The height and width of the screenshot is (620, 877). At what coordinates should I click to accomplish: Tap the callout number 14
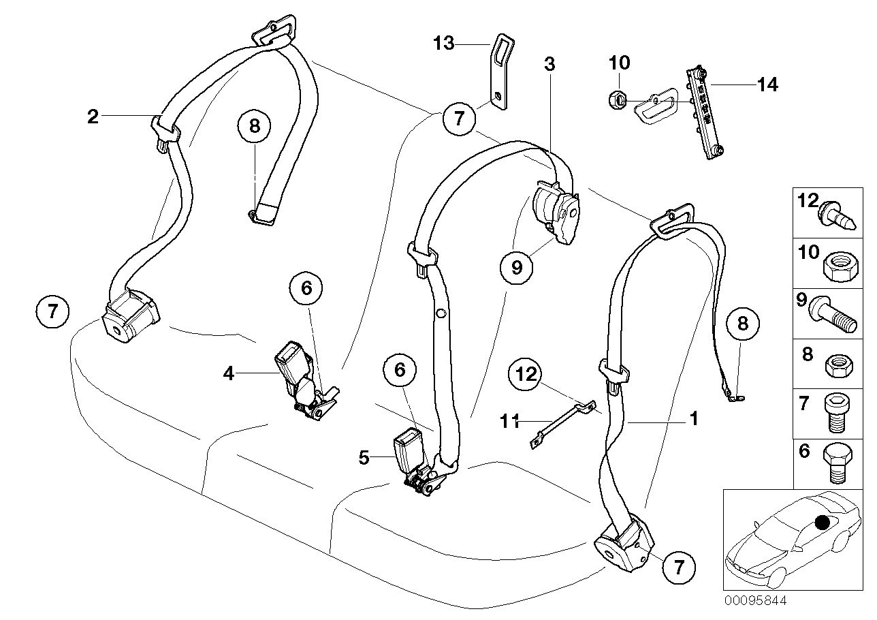(767, 84)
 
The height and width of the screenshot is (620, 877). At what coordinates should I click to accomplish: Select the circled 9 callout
(517, 267)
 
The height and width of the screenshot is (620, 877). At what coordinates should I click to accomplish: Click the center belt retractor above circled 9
(557, 211)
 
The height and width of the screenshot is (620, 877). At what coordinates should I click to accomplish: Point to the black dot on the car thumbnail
(823, 523)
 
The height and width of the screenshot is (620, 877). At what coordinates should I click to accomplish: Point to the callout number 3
(549, 65)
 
